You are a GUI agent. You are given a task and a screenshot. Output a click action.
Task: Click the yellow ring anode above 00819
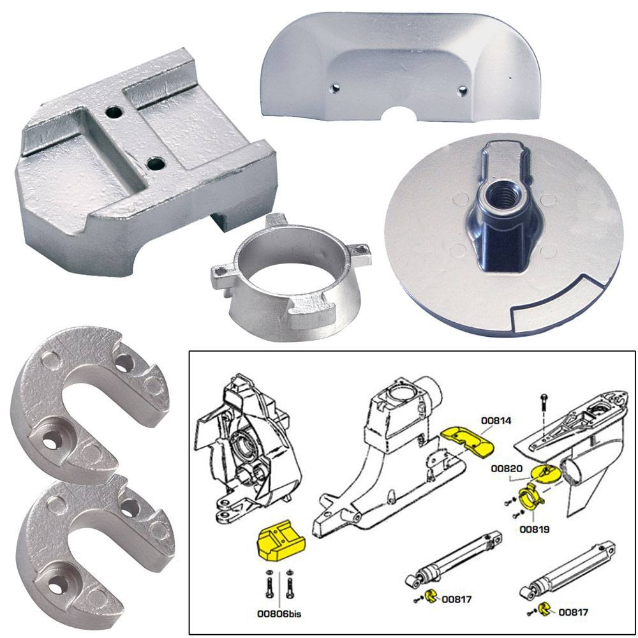530,496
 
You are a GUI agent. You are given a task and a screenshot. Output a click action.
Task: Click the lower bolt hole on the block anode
154,164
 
